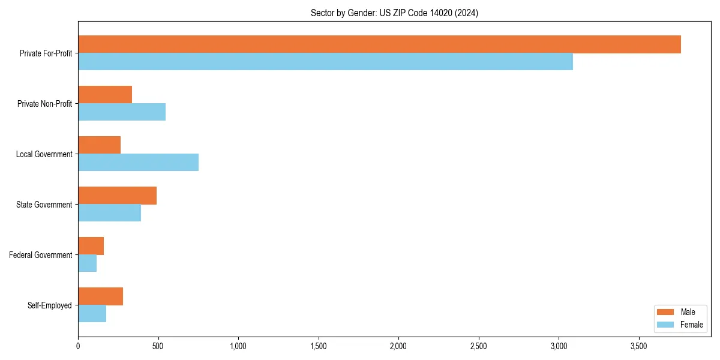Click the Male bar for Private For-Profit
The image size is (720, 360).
(379, 44)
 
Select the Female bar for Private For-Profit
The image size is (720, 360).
(325, 62)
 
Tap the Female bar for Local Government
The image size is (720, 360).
(138, 163)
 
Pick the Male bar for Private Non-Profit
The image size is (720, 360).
(105, 95)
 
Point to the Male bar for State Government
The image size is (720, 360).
(117, 196)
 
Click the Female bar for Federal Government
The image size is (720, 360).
(87, 263)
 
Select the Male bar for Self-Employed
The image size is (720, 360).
(100, 296)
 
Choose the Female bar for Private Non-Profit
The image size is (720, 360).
(122, 112)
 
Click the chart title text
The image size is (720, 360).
(394, 13)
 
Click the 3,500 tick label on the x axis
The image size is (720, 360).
(639, 346)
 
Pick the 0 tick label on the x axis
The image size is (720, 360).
(78, 346)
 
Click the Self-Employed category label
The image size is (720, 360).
(49, 305)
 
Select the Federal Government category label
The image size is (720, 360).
(40, 255)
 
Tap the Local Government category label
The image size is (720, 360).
(44, 154)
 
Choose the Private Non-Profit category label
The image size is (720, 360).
(44, 104)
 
